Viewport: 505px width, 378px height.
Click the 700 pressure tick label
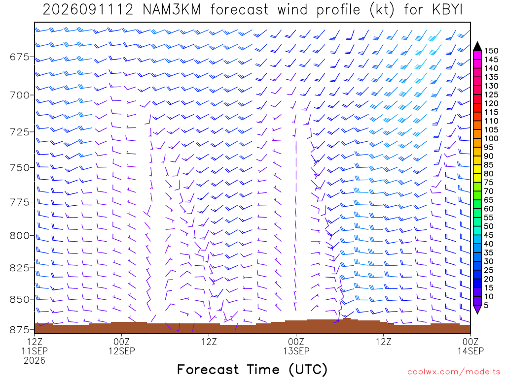(20, 95)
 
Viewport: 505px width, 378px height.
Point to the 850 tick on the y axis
(20, 299)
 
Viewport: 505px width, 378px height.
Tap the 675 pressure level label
(20, 57)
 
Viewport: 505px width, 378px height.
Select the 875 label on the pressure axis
(20, 330)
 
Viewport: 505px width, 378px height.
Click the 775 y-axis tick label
(20, 202)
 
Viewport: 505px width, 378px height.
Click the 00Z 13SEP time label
(296, 346)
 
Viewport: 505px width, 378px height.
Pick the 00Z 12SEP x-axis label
(122, 346)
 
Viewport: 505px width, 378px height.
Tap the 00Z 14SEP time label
(470, 346)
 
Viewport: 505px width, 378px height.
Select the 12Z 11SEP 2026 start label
(35, 351)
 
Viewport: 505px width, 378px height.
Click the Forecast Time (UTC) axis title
(252, 370)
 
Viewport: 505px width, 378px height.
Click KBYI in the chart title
(447, 10)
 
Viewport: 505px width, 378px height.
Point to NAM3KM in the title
(172, 10)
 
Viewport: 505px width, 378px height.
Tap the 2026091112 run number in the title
(88, 10)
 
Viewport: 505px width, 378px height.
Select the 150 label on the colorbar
(491, 51)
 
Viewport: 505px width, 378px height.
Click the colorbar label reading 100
(491, 138)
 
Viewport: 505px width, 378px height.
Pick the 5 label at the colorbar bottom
(486, 305)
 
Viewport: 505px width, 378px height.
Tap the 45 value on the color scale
(489, 235)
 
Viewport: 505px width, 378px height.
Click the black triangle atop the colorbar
(477, 46)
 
